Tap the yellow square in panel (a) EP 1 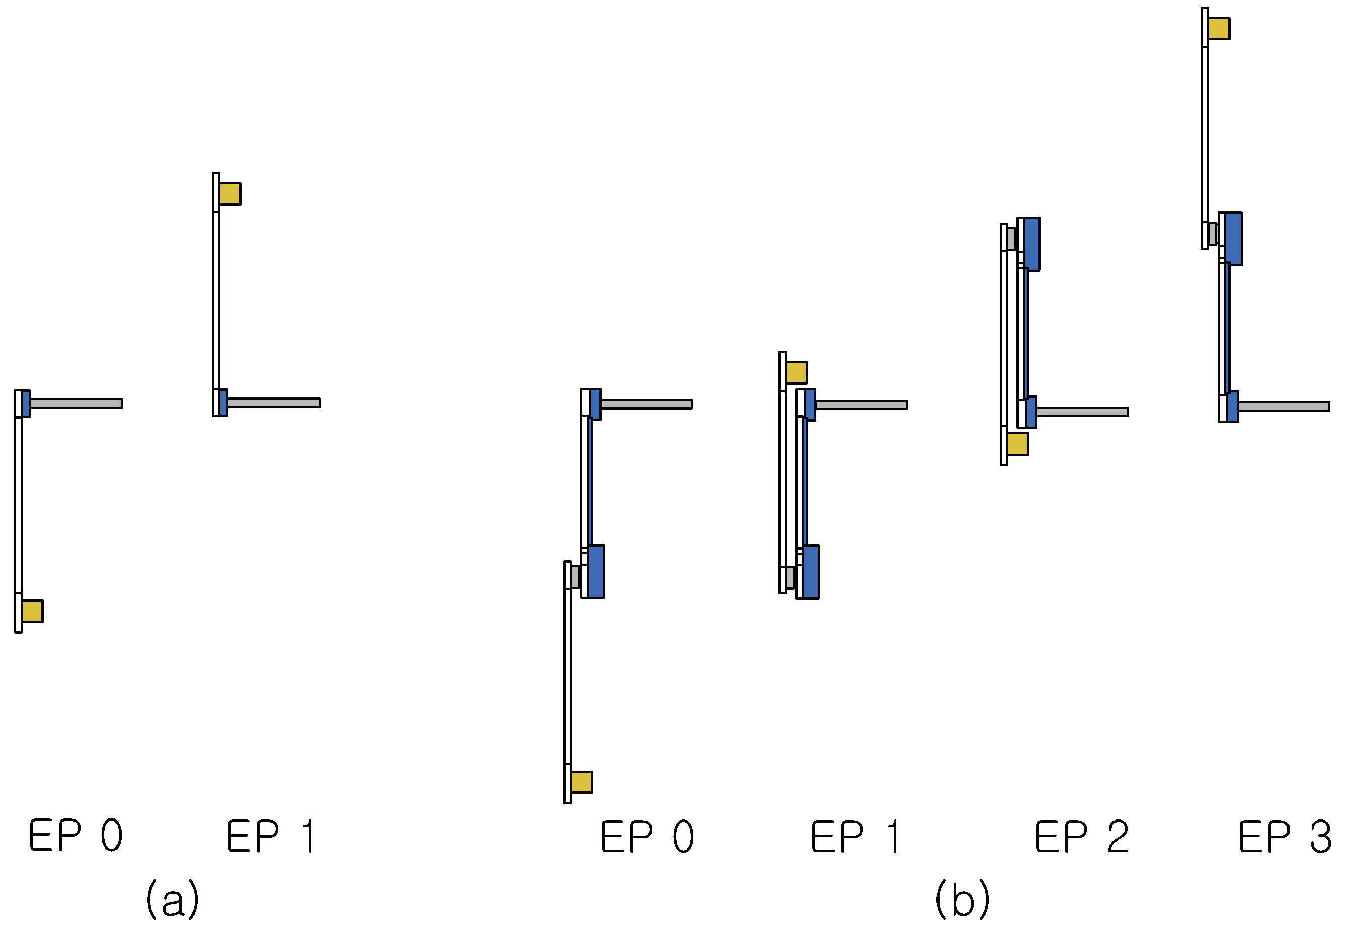click(x=230, y=194)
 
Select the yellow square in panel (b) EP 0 click(x=581, y=782)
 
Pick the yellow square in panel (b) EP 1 click(x=796, y=372)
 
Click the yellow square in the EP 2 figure click(x=1017, y=444)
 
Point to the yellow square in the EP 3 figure click(x=1218, y=29)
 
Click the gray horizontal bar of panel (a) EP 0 click(x=76, y=403)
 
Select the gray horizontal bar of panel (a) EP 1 click(x=273, y=403)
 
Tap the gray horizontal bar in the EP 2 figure click(x=1082, y=412)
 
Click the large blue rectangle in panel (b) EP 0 click(x=596, y=572)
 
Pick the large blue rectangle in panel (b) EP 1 click(x=811, y=572)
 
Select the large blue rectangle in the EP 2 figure click(x=1032, y=244)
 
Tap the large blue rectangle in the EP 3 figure click(x=1234, y=239)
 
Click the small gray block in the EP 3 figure click(x=1213, y=234)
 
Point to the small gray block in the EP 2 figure click(x=1011, y=239)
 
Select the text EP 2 click(x=1082, y=837)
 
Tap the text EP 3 click(x=1284, y=837)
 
